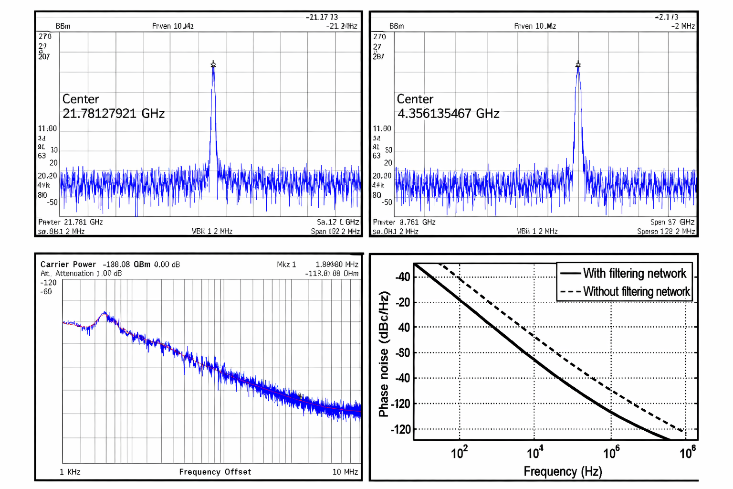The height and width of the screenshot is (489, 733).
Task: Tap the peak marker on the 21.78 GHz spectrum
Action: (213, 64)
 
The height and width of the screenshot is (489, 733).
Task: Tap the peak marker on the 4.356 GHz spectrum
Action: (578, 64)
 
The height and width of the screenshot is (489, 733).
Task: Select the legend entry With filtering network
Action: (634, 273)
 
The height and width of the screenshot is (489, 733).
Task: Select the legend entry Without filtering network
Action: (636, 291)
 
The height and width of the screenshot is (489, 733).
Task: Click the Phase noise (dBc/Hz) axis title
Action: (384, 354)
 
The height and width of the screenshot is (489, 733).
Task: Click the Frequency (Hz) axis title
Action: (563, 471)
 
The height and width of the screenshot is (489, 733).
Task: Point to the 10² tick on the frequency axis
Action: (459, 452)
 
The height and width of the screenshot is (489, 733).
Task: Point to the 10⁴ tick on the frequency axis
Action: (535, 452)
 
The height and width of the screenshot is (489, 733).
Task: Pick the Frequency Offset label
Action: (215, 472)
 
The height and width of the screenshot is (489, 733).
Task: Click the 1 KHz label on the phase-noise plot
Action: (70, 472)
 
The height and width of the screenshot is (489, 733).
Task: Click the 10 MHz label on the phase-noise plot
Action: (345, 472)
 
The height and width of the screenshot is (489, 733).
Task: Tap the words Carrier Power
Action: (68, 264)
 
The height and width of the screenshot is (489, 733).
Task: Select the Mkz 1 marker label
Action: (286, 264)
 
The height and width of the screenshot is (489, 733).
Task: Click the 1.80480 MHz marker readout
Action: (337, 264)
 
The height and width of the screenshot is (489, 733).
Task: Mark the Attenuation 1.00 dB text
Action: (88, 274)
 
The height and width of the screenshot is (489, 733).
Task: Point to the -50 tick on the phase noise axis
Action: (403, 353)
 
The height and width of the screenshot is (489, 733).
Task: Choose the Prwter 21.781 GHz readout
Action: (71, 222)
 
